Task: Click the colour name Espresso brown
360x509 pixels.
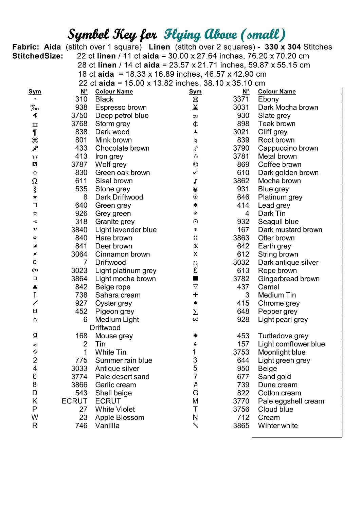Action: coord(121,108)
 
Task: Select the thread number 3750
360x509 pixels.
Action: coord(79,116)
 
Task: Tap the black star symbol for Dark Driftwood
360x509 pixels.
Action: coord(35,197)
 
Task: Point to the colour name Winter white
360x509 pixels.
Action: coord(277,426)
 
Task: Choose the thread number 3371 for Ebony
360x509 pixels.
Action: coord(241,99)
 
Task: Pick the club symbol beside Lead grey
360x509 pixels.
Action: coord(195,205)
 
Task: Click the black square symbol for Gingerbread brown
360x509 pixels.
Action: coord(195,279)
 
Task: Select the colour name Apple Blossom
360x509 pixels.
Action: coord(120,418)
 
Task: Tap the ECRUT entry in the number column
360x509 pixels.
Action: coord(74,401)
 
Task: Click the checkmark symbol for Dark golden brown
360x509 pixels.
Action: coord(195,173)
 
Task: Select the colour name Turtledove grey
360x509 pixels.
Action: coord(283,336)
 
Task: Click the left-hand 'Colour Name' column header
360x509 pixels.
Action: coord(114,92)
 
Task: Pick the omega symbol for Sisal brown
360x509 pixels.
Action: coord(35,181)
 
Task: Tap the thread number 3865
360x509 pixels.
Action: coord(241,426)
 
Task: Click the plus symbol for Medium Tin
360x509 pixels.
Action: coord(195,295)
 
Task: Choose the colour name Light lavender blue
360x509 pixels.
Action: coord(126,230)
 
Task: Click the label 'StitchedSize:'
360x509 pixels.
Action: coord(38,56)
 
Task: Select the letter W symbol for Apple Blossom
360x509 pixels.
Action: coord(35,417)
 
